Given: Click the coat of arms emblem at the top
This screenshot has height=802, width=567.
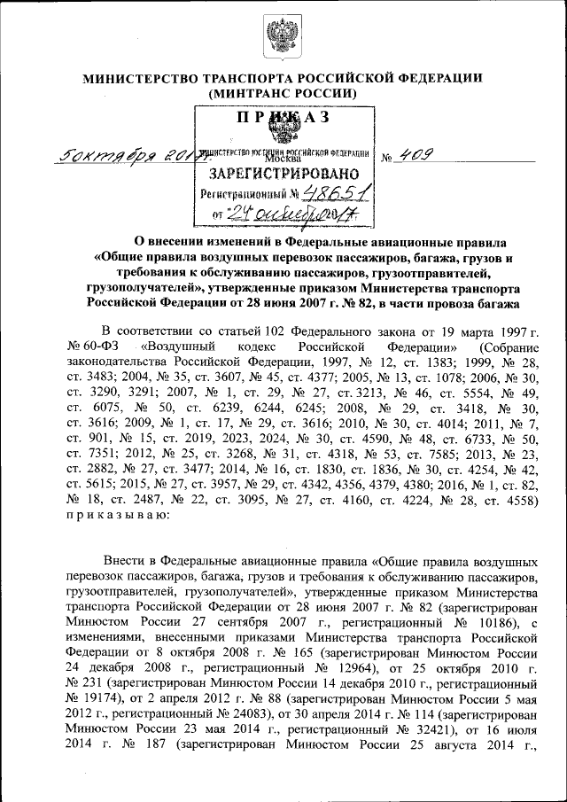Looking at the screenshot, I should [x=283, y=37].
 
